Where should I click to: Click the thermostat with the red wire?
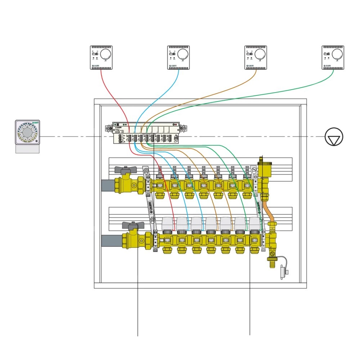(x=101, y=57)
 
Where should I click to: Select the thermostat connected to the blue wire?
(x=179, y=57)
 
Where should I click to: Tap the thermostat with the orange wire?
(x=256, y=57)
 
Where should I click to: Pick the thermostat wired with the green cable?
(x=333, y=57)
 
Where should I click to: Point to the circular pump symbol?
(x=334, y=137)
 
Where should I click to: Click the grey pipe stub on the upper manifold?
(x=108, y=185)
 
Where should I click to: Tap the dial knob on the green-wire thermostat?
(x=338, y=54)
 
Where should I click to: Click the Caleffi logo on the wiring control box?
(x=119, y=127)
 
